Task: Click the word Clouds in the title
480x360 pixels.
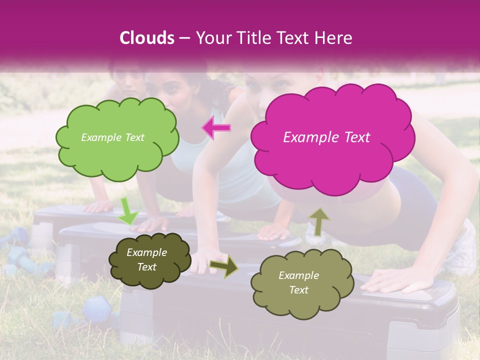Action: click(x=146, y=38)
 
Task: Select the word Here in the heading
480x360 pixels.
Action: click(x=334, y=38)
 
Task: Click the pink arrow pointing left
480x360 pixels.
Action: click(x=216, y=128)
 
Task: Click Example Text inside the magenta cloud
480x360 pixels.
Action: click(x=326, y=137)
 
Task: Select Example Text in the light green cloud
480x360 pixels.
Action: click(x=112, y=137)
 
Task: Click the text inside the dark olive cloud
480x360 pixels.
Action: click(x=146, y=260)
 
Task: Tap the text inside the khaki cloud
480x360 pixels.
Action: click(x=298, y=282)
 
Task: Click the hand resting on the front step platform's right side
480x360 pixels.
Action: click(x=395, y=281)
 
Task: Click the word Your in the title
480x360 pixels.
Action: click(x=211, y=38)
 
